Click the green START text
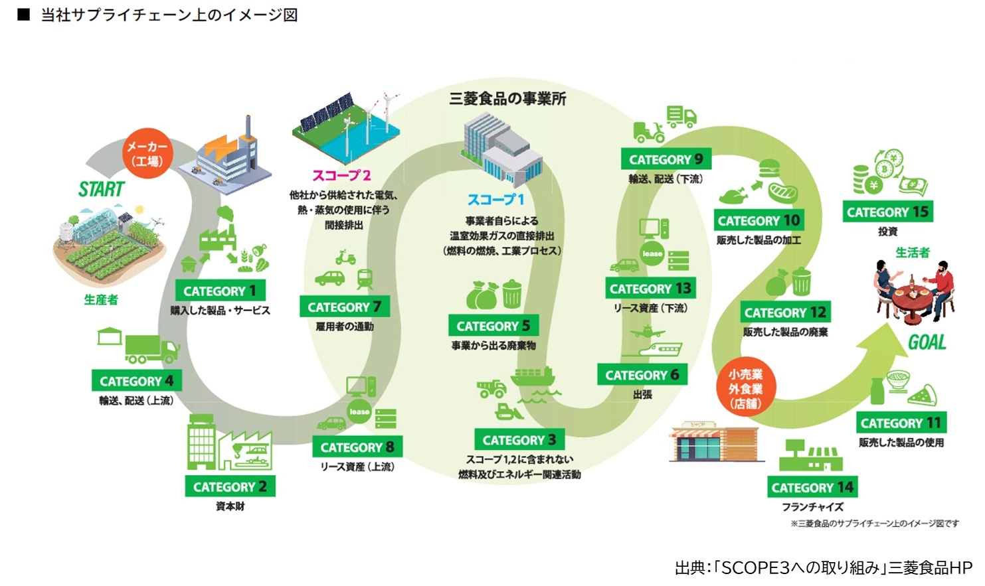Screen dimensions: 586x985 coord(102,189)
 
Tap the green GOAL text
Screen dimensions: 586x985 coord(927,342)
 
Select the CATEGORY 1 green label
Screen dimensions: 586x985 coord(220,291)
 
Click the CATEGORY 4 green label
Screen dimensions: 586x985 coord(136,381)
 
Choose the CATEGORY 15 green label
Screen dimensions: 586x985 coord(887,212)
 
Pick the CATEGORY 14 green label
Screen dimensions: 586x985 coord(812,487)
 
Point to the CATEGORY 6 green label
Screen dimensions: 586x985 coord(642,375)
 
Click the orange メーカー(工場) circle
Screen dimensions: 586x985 coord(147,153)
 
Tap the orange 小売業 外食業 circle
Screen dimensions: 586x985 coord(745,388)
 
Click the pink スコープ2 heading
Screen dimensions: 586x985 coord(341,176)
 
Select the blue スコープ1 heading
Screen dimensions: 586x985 coord(495,200)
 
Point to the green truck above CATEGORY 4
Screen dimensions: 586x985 coord(151,348)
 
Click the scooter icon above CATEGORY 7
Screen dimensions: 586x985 coord(345,256)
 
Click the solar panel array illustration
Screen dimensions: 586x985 coord(327,113)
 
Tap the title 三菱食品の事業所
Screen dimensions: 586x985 coord(507,99)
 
